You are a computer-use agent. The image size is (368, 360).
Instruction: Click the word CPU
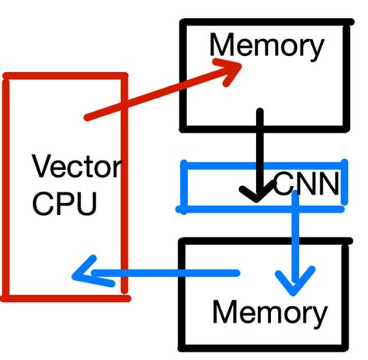pyautogui.click(x=65, y=203)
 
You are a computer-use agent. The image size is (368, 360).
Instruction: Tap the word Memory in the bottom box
pyautogui.click(x=269, y=313)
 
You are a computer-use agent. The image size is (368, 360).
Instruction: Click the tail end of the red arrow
pyautogui.click(x=88, y=118)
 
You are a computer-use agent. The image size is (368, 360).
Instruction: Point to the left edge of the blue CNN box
pyautogui.click(x=183, y=186)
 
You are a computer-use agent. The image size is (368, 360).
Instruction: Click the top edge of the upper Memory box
pyautogui.click(x=264, y=23)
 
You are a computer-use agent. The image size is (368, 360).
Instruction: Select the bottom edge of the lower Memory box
pyautogui.click(x=264, y=345)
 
